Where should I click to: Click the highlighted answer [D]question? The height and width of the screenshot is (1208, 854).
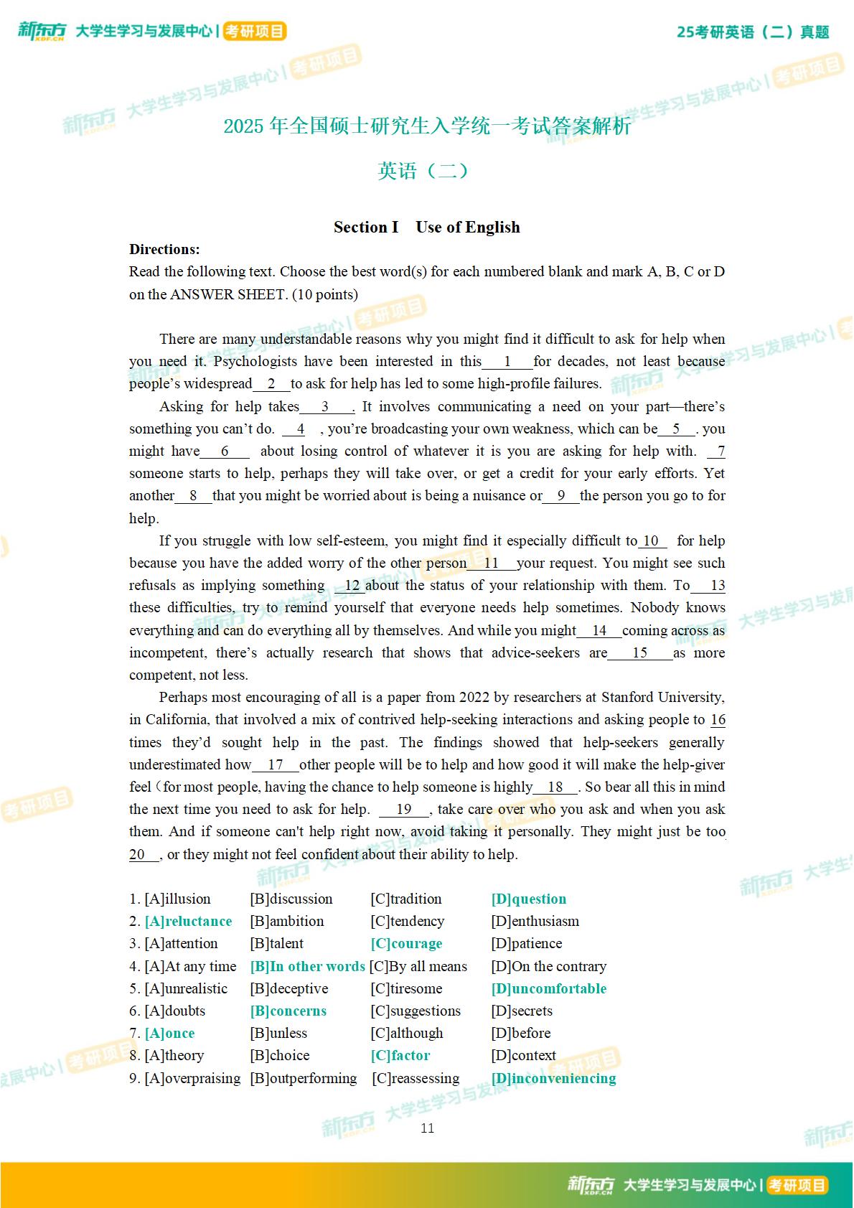pos(529,899)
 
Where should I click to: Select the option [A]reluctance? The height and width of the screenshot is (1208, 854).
pos(188,921)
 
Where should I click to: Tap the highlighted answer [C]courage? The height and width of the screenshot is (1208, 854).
pos(406,943)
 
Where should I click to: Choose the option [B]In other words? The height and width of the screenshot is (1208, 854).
pos(307,966)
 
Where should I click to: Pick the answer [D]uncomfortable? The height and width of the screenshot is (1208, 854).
pos(549,988)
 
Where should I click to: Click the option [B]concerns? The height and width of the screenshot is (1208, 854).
pos(288,1011)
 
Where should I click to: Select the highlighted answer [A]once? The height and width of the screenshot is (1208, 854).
pos(169,1033)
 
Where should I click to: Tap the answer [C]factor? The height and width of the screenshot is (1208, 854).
pos(400,1055)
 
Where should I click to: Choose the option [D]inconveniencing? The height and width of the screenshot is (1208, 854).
pos(553,1078)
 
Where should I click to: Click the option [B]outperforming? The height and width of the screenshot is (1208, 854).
pos(304,1078)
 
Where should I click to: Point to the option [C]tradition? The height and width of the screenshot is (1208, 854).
pos(406,899)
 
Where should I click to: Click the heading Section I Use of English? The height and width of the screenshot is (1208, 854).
pos(427,227)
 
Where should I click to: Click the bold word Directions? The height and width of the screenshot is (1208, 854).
pos(164,249)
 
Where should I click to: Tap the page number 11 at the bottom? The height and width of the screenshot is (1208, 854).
pos(427,1128)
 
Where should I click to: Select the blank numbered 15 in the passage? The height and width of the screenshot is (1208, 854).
pos(639,652)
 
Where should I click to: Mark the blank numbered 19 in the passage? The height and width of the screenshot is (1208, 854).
pos(403,809)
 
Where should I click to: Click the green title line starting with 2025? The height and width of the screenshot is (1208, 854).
pos(427,126)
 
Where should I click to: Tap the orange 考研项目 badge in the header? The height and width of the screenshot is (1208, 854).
pos(254,32)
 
